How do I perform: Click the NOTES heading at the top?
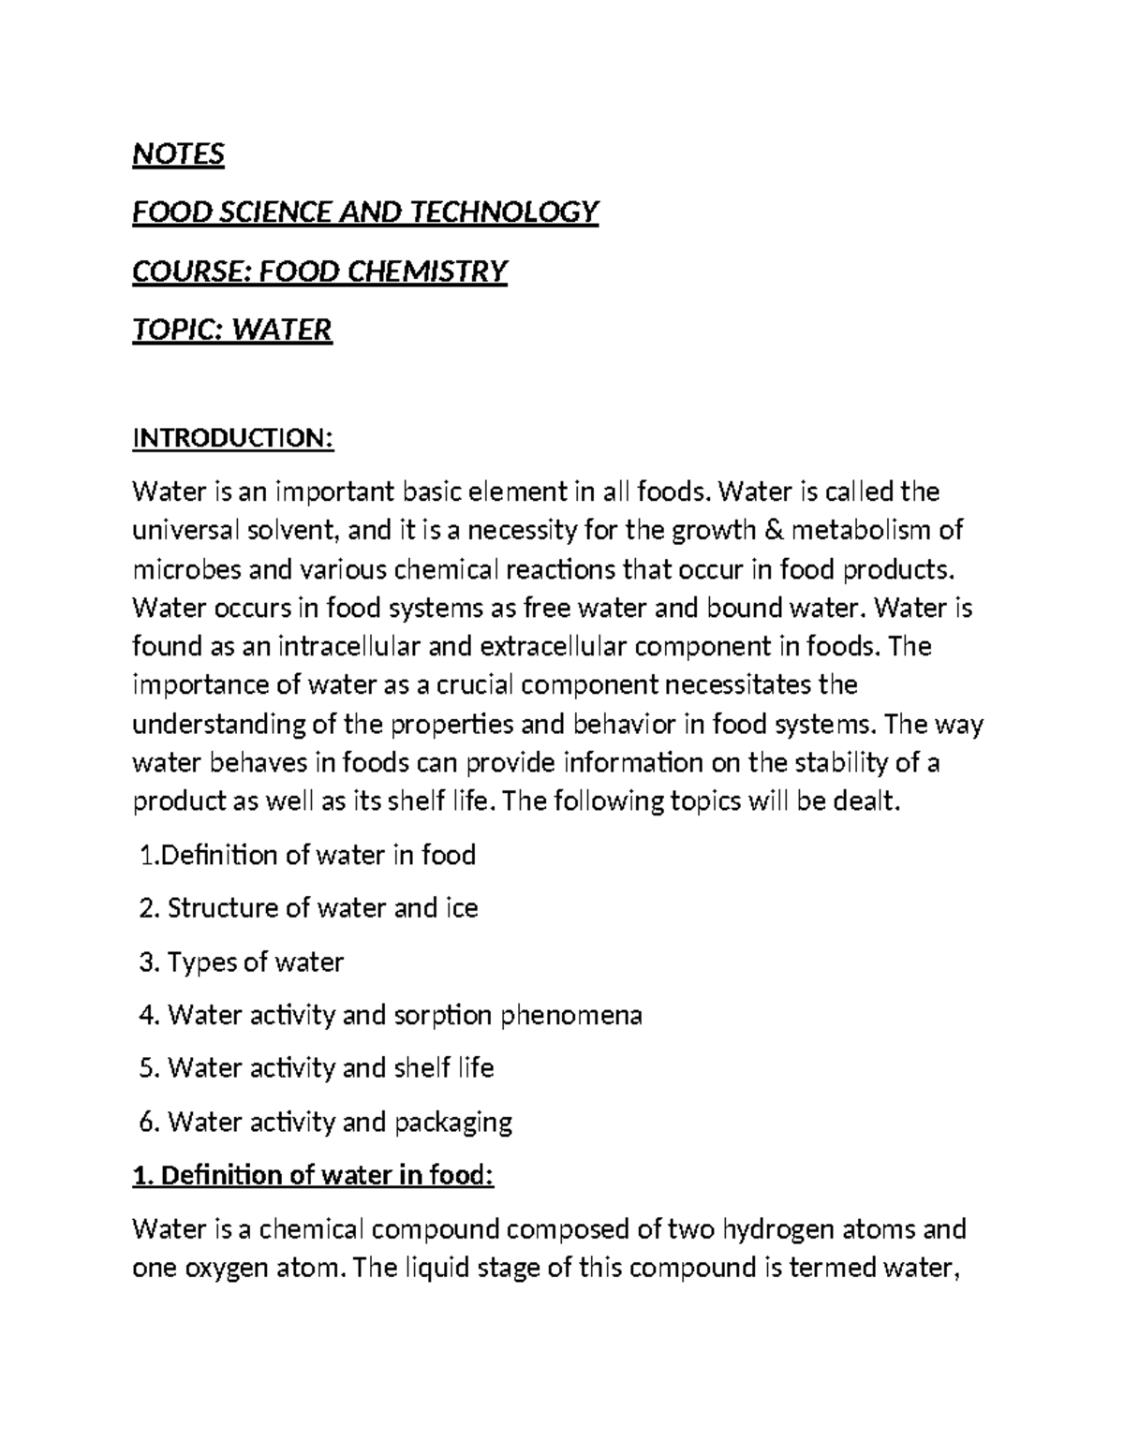(x=178, y=154)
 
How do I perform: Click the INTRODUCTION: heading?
(x=233, y=438)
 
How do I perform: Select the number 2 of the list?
(x=145, y=908)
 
